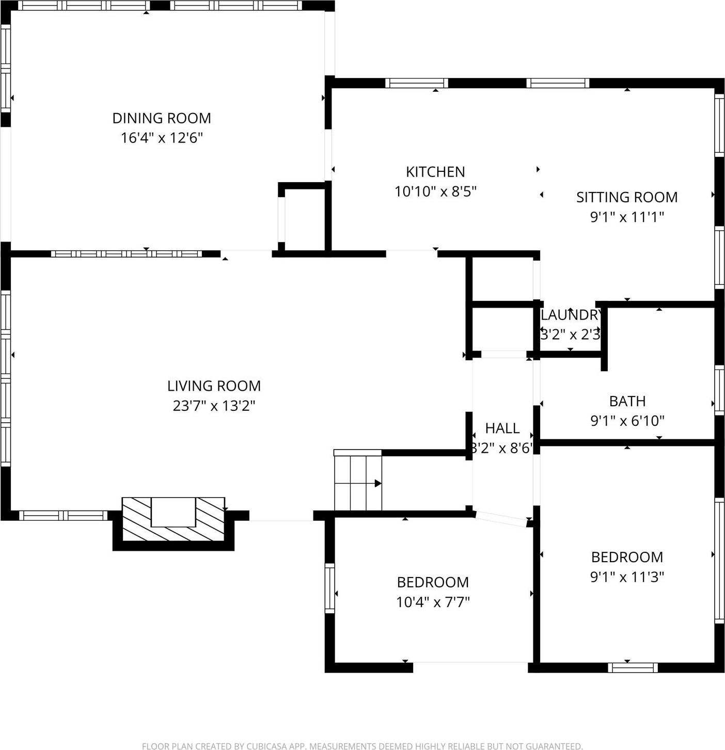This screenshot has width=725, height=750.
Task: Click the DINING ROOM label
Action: tap(162, 118)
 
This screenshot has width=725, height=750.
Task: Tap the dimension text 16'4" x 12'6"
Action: tap(162, 138)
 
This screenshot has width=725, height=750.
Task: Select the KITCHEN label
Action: tap(435, 172)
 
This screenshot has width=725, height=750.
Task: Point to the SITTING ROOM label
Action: tap(627, 197)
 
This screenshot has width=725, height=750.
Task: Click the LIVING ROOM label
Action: tap(214, 386)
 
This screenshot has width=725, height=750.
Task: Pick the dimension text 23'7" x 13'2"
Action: tap(214, 406)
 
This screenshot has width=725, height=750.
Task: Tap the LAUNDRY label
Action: tap(570, 315)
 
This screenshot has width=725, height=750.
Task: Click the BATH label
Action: tap(627, 401)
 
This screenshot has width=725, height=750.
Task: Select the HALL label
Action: tap(502, 428)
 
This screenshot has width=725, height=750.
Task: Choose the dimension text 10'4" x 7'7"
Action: tap(433, 602)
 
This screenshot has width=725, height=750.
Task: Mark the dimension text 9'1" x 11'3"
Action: tap(627, 577)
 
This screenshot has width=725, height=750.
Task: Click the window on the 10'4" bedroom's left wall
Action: tap(329, 588)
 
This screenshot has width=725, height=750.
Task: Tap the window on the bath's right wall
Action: tap(719, 390)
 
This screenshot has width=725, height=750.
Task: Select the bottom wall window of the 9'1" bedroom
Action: tap(633, 667)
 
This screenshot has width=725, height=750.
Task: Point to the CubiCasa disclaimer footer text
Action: tap(362, 746)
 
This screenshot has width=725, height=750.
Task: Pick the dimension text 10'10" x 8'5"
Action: tap(435, 192)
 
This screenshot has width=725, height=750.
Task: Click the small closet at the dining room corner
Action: tap(303, 220)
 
